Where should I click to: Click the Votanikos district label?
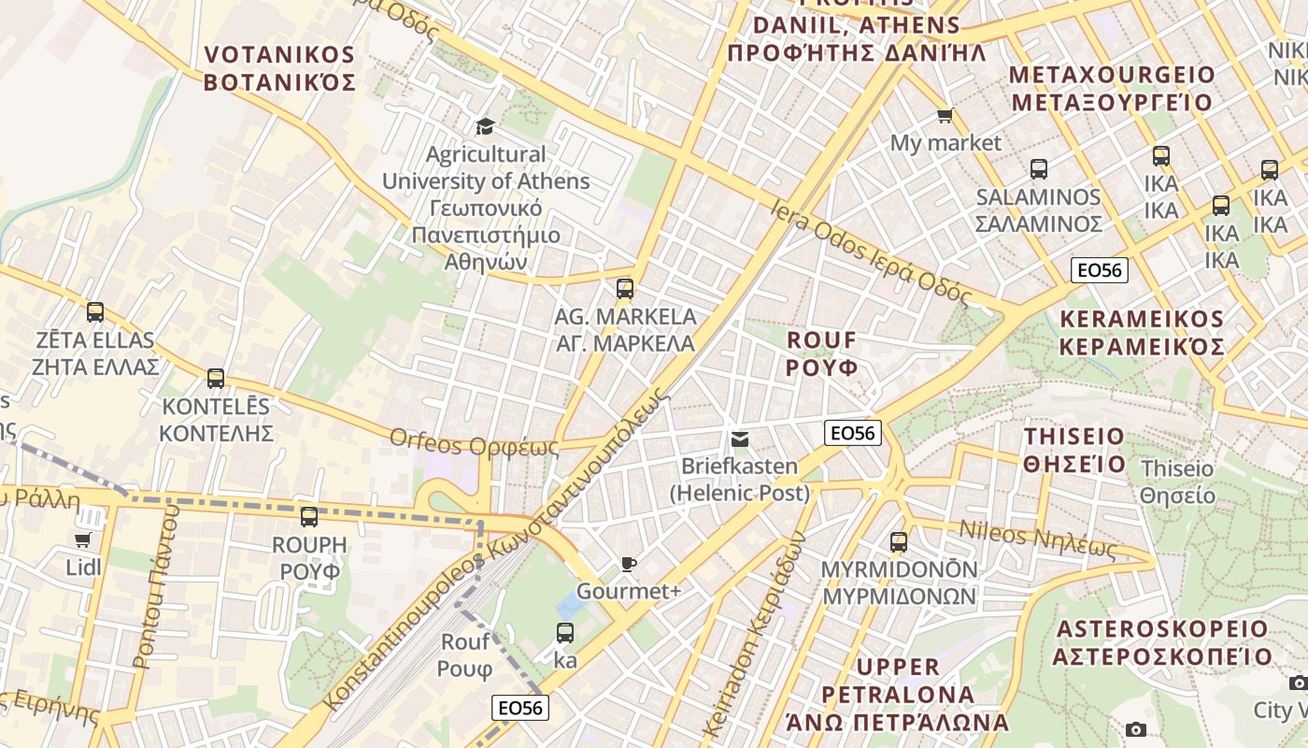[x=279, y=67]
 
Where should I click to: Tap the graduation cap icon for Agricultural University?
[x=485, y=126]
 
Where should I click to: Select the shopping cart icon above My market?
[x=945, y=116]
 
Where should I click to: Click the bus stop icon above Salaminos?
[x=1038, y=169]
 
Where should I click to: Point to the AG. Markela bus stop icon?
[x=625, y=289]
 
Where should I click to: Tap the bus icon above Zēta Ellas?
[x=95, y=312]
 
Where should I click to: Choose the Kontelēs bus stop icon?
[x=216, y=379]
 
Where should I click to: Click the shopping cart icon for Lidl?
[x=82, y=539]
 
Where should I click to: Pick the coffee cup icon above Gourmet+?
[x=629, y=564]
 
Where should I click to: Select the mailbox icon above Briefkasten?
[x=739, y=439]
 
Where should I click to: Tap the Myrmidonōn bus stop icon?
[x=899, y=541]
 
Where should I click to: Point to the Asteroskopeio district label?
[x=1162, y=642]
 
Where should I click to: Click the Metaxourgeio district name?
[x=1112, y=88]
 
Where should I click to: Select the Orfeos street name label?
[x=474, y=442]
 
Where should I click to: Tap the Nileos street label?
[x=1038, y=539]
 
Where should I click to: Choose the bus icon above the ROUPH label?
[x=309, y=516]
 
